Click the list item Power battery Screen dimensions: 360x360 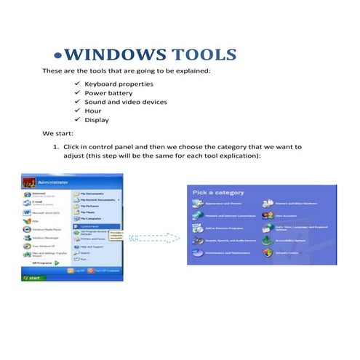(108, 93)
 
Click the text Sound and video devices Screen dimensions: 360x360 (126, 102)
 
